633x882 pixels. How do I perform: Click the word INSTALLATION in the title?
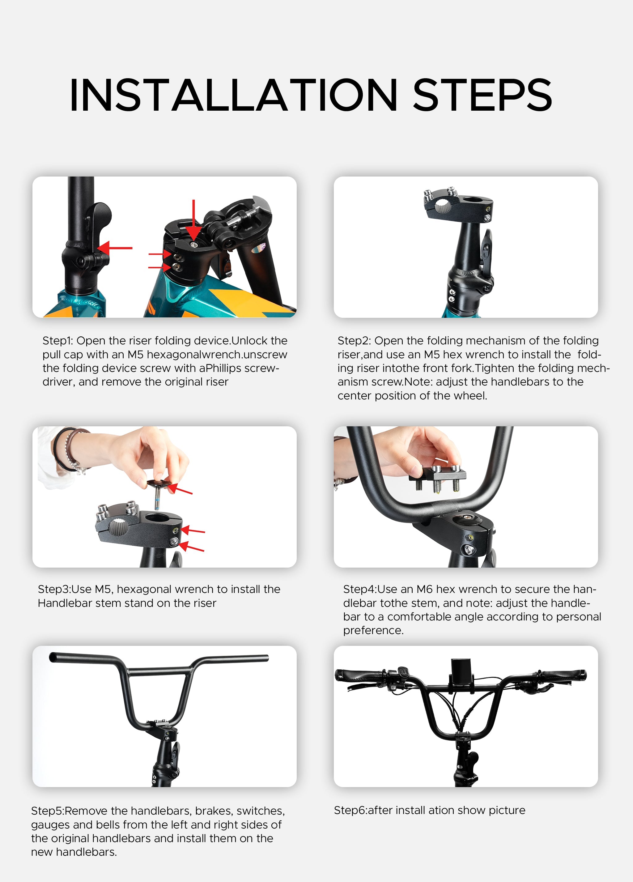point(233,95)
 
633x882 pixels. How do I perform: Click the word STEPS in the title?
point(482,95)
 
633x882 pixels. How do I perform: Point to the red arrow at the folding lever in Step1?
point(115,248)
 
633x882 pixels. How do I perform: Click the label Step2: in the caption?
point(354,341)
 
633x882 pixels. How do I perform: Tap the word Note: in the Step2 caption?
point(419,382)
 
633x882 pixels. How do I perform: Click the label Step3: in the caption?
point(53,589)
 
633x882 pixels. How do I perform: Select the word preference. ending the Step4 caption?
point(373,630)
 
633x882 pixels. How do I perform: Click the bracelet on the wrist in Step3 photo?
point(66,451)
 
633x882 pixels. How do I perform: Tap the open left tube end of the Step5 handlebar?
point(53,658)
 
